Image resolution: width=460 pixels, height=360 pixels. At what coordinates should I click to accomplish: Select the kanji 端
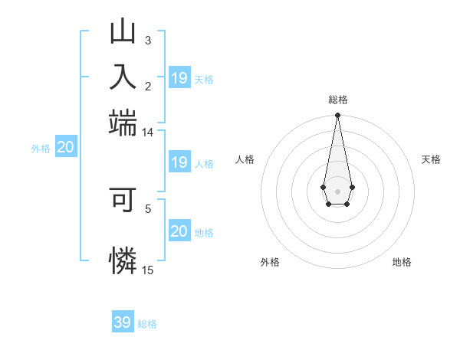pyautogui.click(x=123, y=121)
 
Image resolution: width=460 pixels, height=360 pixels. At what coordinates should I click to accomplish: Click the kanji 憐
pyautogui.click(x=123, y=260)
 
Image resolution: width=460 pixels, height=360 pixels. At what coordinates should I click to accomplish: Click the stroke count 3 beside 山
pyautogui.click(x=148, y=40)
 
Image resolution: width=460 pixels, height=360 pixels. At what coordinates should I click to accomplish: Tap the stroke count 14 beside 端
pyautogui.click(x=148, y=133)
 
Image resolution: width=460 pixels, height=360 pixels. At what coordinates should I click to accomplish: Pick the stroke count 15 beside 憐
pyautogui.click(x=148, y=270)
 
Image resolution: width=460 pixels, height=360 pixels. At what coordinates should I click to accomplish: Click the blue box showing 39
pyautogui.click(x=123, y=322)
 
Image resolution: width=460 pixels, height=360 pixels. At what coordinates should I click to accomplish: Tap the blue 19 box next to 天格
pyautogui.click(x=179, y=78)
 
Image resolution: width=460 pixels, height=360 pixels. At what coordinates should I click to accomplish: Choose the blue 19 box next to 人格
pyautogui.click(x=179, y=162)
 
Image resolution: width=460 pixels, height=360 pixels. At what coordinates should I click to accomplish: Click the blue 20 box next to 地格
pyautogui.click(x=179, y=231)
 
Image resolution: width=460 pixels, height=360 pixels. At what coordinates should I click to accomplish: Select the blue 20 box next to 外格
pyautogui.click(x=65, y=148)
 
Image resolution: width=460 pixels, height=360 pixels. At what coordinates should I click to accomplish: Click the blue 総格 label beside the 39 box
pyautogui.click(x=147, y=324)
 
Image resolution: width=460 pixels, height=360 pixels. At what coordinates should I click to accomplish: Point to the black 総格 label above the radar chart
pyautogui.click(x=337, y=100)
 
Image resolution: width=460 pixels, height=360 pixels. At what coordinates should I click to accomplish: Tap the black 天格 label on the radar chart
pyautogui.click(x=431, y=159)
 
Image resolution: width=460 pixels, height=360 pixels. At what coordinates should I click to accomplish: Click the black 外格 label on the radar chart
pyautogui.click(x=270, y=262)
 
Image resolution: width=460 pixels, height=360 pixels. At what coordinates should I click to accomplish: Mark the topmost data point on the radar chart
pyautogui.click(x=337, y=116)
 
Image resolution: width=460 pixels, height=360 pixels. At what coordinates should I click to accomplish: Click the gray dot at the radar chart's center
pyautogui.click(x=337, y=190)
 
